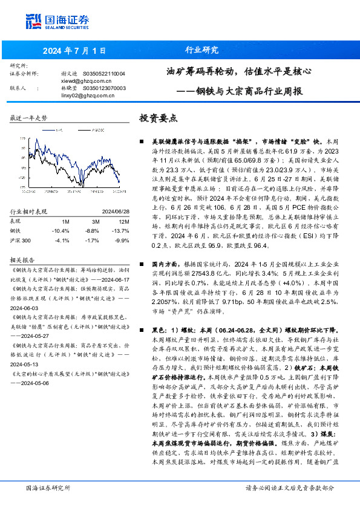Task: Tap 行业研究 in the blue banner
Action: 201,50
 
